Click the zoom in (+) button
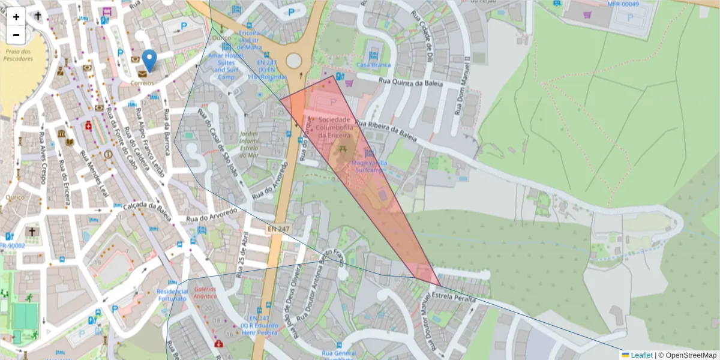pos(16,17)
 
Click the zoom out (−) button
pos(16,35)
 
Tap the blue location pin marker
pos(149,61)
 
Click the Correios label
pos(143,83)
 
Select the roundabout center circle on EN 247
pos(293,61)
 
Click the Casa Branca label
pos(373,65)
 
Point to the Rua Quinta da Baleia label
pos(410,82)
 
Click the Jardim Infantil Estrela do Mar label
pos(248,144)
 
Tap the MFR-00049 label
pos(623,4)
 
